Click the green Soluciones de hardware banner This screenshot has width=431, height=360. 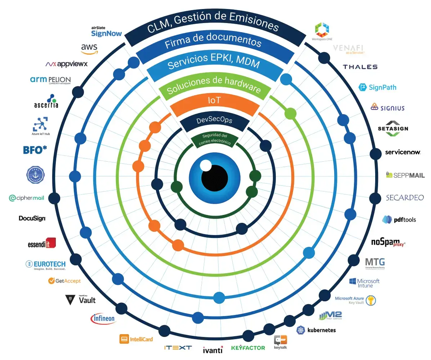click(x=214, y=85)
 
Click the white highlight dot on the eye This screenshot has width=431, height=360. click(x=206, y=166)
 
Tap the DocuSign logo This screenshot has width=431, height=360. click(x=32, y=218)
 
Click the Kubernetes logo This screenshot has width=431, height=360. click(x=316, y=330)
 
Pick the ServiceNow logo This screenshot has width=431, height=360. click(x=403, y=152)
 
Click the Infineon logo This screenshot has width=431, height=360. click(x=103, y=318)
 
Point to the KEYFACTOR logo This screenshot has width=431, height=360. click(x=248, y=348)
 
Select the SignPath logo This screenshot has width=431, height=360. click(x=377, y=87)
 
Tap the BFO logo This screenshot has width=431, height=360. click(x=35, y=149)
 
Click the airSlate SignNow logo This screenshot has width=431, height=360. click(x=106, y=32)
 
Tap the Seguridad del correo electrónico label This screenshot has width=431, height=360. click(x=215, y=139)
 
